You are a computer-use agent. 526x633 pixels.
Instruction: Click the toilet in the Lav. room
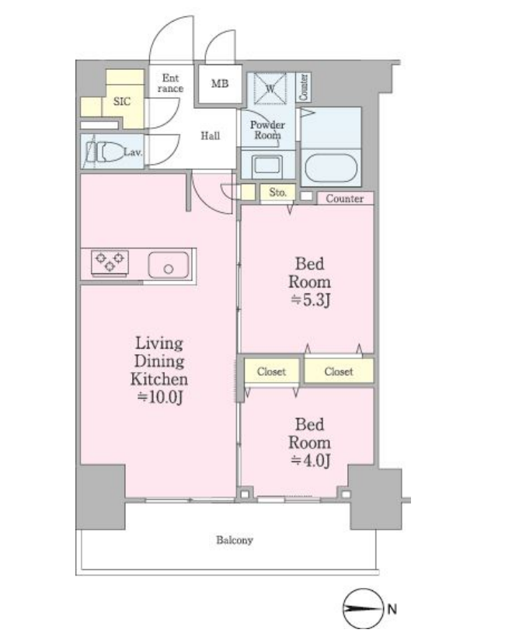(109, 152)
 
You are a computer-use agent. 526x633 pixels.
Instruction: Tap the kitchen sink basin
(169, 265)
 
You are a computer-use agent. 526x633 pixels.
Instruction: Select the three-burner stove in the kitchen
(110, 263)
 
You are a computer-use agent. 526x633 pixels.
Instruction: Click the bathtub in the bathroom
(331, 168)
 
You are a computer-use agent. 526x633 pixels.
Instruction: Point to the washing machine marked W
(270, 88)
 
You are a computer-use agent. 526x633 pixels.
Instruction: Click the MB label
(220, 84)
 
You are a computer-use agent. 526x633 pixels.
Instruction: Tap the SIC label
(122, 101)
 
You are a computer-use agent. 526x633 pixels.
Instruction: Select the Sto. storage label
(277, 192)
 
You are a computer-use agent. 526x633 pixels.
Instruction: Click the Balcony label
(235, 540)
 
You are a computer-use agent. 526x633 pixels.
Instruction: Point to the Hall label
(211, 136)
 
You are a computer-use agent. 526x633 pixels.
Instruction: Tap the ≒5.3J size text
(310, 300)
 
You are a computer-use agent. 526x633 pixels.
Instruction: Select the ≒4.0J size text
(310, 461)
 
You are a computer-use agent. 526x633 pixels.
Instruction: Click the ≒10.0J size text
(160, 397)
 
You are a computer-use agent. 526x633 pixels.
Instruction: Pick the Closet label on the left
(271, 371)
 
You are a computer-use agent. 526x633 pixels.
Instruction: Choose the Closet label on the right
(339, 371)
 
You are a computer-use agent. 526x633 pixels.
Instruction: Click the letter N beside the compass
(392, 609)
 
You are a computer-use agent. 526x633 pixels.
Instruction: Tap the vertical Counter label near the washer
(303, 87)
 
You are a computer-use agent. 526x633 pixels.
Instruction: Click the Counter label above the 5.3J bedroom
(345, 199)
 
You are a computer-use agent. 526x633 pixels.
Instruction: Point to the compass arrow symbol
(363, 609)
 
